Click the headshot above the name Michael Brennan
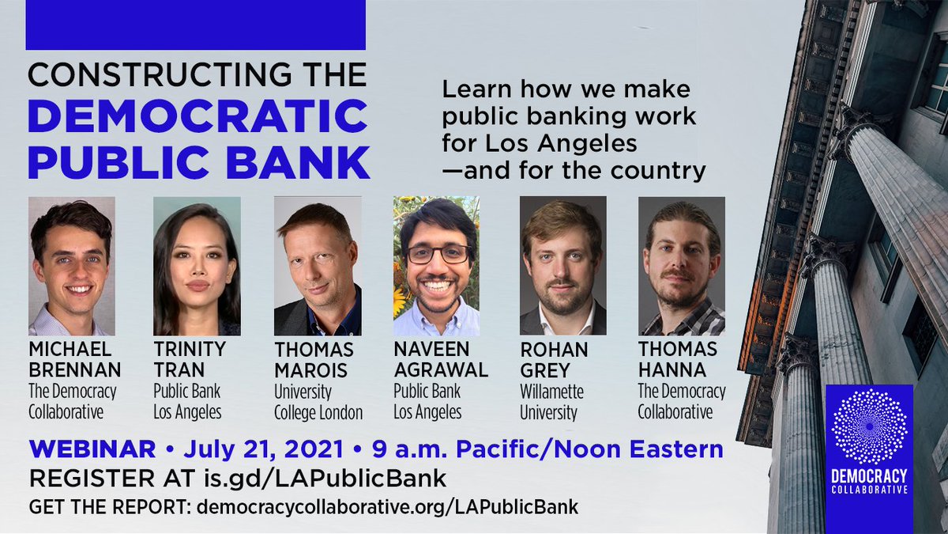tap(72, 266)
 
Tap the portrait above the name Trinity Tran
tap(197, 266)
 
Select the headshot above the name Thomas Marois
tap(318, 266)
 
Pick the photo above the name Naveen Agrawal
tap(436, 266)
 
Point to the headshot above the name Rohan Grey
tap(562, 266)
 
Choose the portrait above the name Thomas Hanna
tap(681, 266)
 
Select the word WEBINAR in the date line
tap(92, 450)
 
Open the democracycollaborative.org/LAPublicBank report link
tap(386, 507)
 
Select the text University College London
tap(318, 402)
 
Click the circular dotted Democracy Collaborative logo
tap(869, 426)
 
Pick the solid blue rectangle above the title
tap(195, 25)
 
